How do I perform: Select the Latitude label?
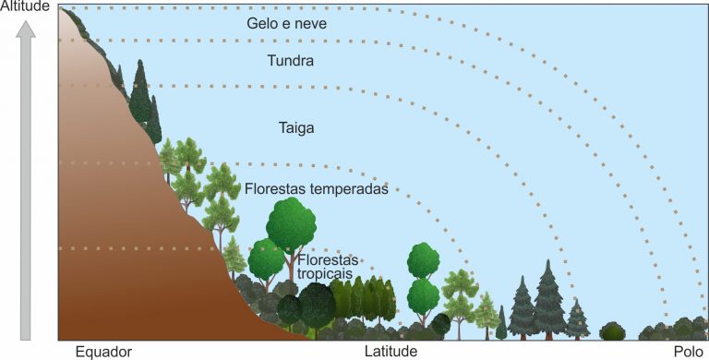391,352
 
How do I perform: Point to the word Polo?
688,352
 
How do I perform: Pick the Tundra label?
290,62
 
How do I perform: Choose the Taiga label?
296,128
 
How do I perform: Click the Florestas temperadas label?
316,188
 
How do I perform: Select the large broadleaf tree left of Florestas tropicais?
291,226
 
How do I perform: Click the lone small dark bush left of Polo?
612,330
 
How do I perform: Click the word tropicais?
325,274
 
